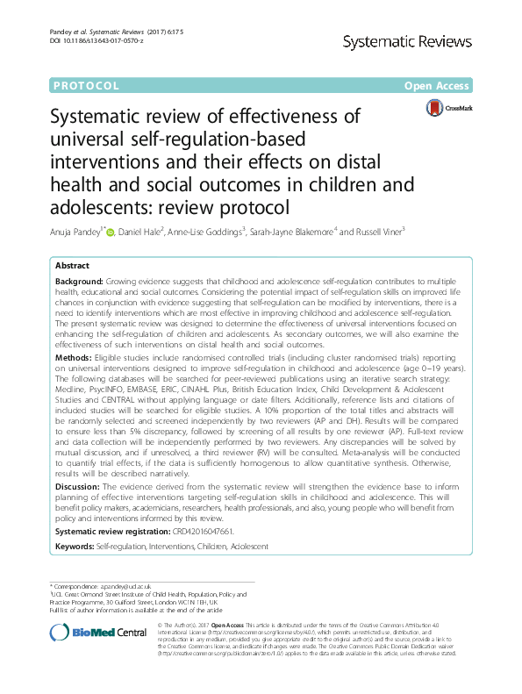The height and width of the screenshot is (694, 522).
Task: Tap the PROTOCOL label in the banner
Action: [x=85, y=85]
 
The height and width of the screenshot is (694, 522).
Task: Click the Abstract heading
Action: [x=72, y=266]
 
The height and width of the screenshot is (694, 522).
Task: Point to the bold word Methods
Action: [x=73, y=383]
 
